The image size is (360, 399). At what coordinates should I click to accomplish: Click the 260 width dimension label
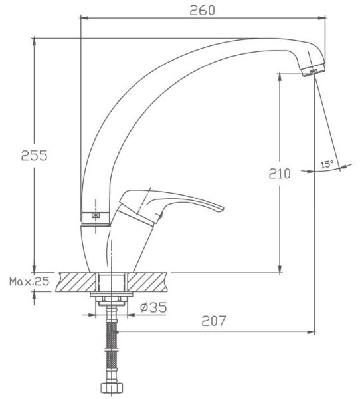point(202,11)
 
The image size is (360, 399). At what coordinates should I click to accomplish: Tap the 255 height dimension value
point(34,155)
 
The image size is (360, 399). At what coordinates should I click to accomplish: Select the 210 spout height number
point(280,174)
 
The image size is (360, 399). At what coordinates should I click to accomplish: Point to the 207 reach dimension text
point(214,321)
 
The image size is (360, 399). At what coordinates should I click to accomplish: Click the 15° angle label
point(327,164)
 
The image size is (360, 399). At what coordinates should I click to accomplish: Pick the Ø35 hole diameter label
point(153,307)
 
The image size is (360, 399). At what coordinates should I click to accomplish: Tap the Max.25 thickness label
point(29,281)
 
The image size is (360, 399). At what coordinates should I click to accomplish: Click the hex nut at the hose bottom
point(112,388)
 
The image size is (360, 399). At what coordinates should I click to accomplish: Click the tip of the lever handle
point(223,208)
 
